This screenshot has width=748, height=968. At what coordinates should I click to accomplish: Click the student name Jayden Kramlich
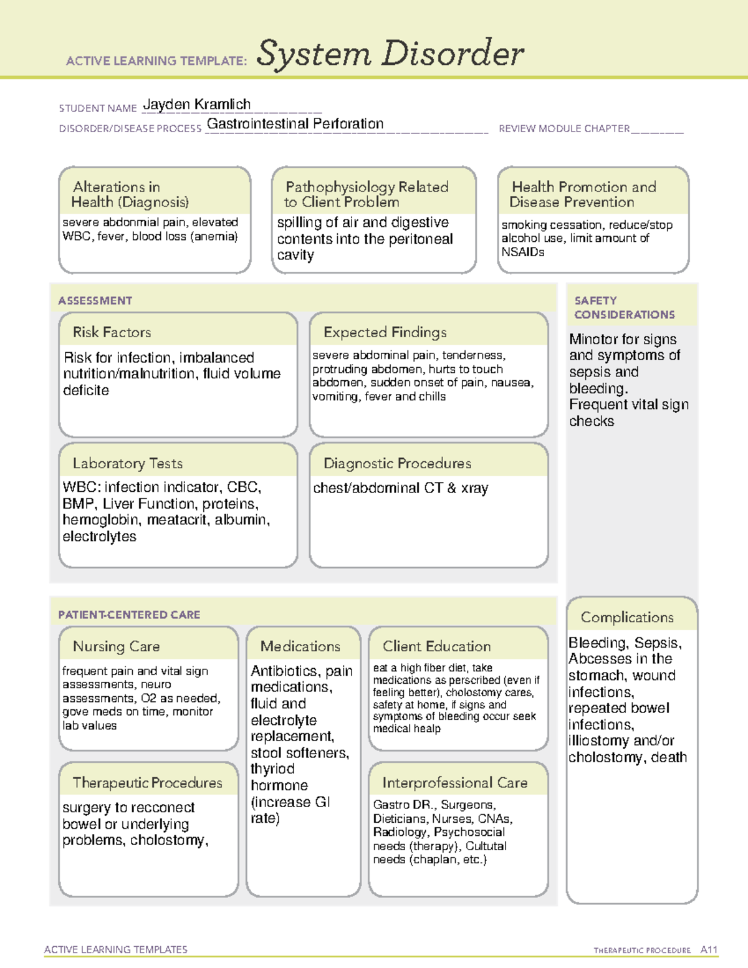coord(197,105)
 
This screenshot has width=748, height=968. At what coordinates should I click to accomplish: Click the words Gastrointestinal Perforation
coord(295,124)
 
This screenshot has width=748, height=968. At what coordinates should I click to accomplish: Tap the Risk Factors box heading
coord(112,332)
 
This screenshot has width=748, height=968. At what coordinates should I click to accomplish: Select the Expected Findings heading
coord(385,332)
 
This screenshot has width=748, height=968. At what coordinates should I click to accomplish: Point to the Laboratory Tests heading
coord(128,463)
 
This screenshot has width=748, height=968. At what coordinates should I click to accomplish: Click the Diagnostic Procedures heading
coord(397,463)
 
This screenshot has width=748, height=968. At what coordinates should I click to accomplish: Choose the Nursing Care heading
coord(117,646)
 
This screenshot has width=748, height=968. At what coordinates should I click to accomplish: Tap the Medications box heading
coord(300,646)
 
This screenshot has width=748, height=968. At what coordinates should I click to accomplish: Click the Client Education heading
coord(437,646)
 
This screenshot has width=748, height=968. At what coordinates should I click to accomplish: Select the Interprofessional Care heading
coord(455,783)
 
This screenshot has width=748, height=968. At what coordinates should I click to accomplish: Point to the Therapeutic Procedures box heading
coord(148,783)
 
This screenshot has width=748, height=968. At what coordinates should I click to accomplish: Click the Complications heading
coord(627,617)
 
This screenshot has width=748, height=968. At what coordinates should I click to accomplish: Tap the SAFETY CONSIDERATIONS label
coord(624,308)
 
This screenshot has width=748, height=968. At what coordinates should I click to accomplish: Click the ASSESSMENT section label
coord(95,301)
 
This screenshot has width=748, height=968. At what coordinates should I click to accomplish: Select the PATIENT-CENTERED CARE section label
coord(130,615)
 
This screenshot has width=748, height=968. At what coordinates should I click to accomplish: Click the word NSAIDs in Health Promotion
coord(523,252)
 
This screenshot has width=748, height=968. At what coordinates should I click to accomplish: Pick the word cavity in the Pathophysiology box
coord(295,256)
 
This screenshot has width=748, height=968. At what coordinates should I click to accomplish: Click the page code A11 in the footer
coord(709,950)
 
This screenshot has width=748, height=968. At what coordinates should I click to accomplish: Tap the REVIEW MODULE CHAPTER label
coord(564,129)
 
